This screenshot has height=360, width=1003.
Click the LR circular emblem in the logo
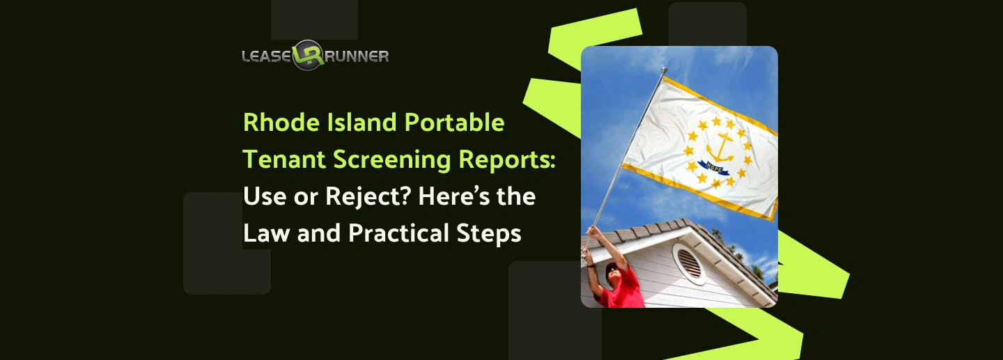[x=308, y=55]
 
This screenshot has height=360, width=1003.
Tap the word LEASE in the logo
[x=267, y=56]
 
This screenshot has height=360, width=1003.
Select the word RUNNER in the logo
[x=356, y=56]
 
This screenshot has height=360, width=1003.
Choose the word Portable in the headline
[x=454, y=123]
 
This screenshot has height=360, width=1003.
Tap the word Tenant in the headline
[x=284, y=159]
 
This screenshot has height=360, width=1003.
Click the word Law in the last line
[x=266, y=233]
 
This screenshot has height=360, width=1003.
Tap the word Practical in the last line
[x=398, y=233]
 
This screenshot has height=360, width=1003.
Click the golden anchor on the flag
[x=720, y=148]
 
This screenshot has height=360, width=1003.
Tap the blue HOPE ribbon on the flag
[x=713, y=167]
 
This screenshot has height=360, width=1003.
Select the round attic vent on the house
[x=688, y=264]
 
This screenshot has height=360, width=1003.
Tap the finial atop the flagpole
[x=664, y=71]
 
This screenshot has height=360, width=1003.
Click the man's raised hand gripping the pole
[x=593, y=231]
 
